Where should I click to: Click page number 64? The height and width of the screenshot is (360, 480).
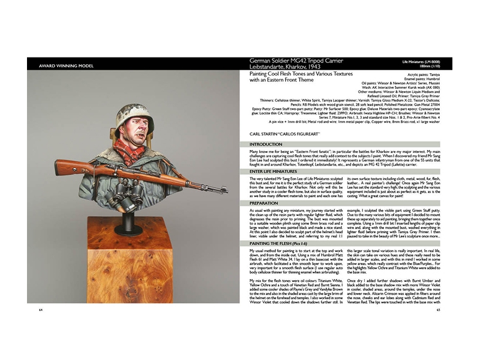click(40, 310)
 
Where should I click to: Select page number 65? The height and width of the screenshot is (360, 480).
click(439, 310)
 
